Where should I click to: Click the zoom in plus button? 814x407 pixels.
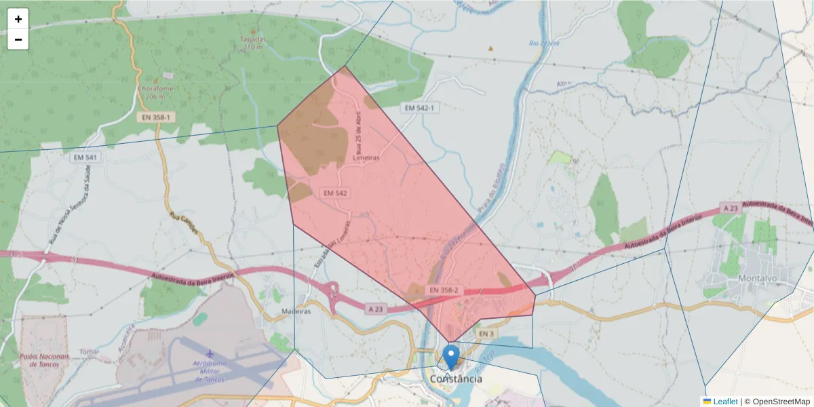pyautogui.click(x=18, y=19)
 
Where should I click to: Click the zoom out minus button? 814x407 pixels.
pyautogui.click(x=18, y=39)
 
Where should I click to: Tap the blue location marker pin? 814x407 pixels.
pyautogui.click(x=451, y=357)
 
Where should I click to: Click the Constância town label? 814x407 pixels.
pyautogui.click(x=457, y=379)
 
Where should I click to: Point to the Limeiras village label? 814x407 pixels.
pyautogui.click(x=366, y=157)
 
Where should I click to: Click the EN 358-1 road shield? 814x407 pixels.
pyautogui.click(x=155, y=117)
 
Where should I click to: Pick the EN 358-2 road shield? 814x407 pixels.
pyautogui.click(x=444, y=290)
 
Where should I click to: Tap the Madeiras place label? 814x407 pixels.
pyautogui.click(x=296, y=311)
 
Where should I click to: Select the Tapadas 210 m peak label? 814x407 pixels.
pyautogui.click(x=253, y=42)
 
